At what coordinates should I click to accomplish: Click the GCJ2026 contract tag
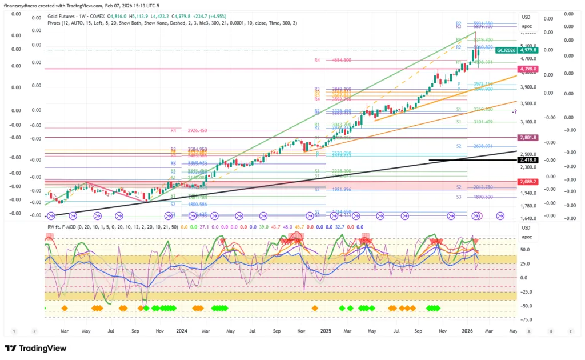coord(506,50)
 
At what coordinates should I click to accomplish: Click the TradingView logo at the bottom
coord(35,348)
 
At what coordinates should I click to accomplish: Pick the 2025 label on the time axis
coord(326,331)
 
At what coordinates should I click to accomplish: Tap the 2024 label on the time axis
coord(182,331)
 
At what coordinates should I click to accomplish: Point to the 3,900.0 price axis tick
coord(528,87)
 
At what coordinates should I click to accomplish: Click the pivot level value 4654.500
coord(342,60)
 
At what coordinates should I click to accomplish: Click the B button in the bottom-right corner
coord(550,331)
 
